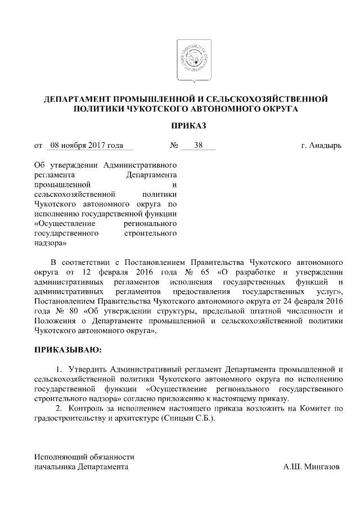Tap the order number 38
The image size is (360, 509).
point(198,146)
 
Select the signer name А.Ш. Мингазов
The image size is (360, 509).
point(312,467)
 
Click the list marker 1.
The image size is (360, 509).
point(59,370)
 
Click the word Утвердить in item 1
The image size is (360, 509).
point(87,370)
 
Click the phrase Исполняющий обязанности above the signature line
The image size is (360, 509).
point(84,457)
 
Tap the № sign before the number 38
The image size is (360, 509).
point(174,146)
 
